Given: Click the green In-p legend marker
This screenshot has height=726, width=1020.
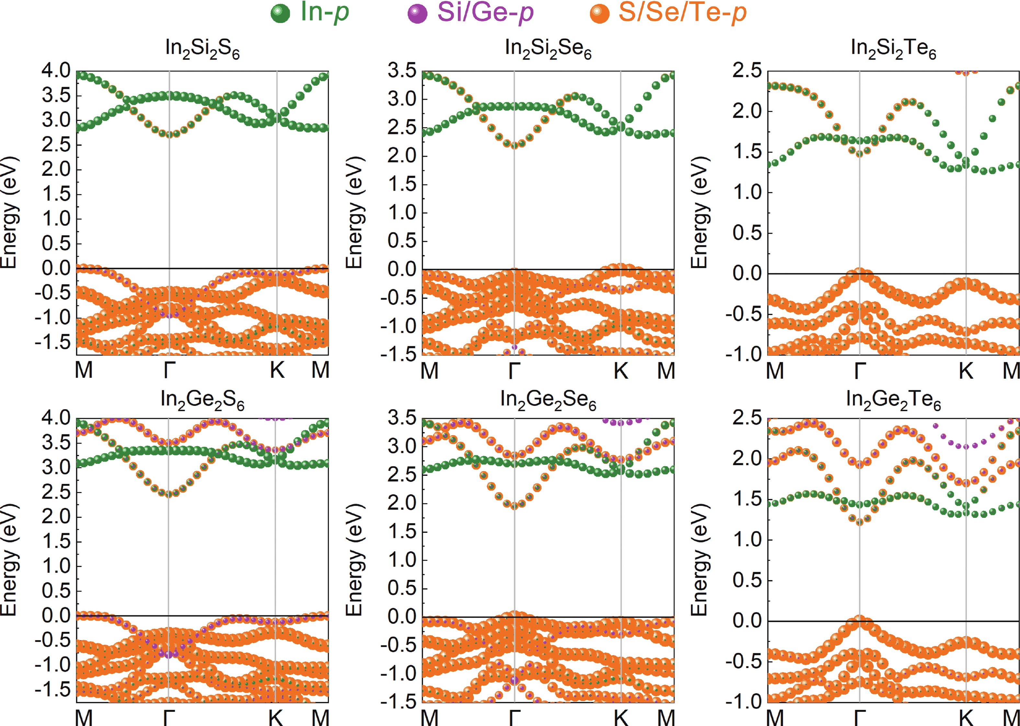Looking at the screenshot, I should click(280, 13).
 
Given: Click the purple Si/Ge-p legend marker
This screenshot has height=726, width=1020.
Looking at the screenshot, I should click(417, 13).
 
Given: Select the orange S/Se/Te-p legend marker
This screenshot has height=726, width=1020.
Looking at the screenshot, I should click(599, 13).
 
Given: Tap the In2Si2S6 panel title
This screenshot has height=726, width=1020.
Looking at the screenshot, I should click(202, 48).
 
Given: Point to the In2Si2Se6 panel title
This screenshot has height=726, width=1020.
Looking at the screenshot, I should click(548, 48).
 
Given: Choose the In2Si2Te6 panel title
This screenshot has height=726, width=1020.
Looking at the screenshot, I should click(893, 48).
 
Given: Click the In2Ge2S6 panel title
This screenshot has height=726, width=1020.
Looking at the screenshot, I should click(202, 399).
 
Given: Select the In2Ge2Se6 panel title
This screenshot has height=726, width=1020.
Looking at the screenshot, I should click(548, 399).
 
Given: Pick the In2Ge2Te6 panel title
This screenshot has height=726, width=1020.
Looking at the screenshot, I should click(893, 399).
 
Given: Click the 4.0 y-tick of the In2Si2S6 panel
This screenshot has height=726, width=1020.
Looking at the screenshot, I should click(56, 71).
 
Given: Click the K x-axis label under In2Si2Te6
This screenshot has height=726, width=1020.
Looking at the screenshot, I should click(966, 370).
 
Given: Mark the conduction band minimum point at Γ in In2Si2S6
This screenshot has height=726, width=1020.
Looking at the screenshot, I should click(169, 134).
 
